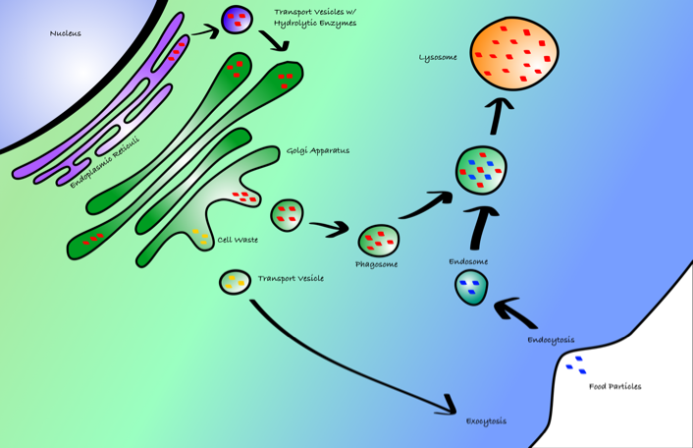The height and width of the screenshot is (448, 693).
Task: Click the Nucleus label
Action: tap(66, 33)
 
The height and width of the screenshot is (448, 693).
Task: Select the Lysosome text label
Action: tap(438, 58)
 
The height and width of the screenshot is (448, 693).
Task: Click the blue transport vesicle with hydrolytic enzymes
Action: tap(236, 19)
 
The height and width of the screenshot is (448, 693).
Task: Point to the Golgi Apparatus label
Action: tap(318, 150)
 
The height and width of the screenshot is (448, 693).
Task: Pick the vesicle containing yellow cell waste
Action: tap(235, 283)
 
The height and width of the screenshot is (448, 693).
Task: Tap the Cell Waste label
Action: tap(238, 240)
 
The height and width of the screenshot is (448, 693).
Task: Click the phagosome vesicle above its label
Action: tap(378, 240)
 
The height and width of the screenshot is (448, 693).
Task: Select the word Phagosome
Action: tap(376, 264)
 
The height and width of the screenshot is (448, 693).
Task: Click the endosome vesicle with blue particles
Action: tap(471, 288)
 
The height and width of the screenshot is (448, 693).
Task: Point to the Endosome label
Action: tap(468, 262)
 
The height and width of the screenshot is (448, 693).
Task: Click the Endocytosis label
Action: tap(551, 340)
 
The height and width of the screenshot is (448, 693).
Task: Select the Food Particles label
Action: tap(614, 386)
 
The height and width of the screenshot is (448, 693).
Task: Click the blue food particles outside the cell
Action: tap(576, 364)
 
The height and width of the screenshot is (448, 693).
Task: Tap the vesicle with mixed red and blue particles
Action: tap(482, 171)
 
